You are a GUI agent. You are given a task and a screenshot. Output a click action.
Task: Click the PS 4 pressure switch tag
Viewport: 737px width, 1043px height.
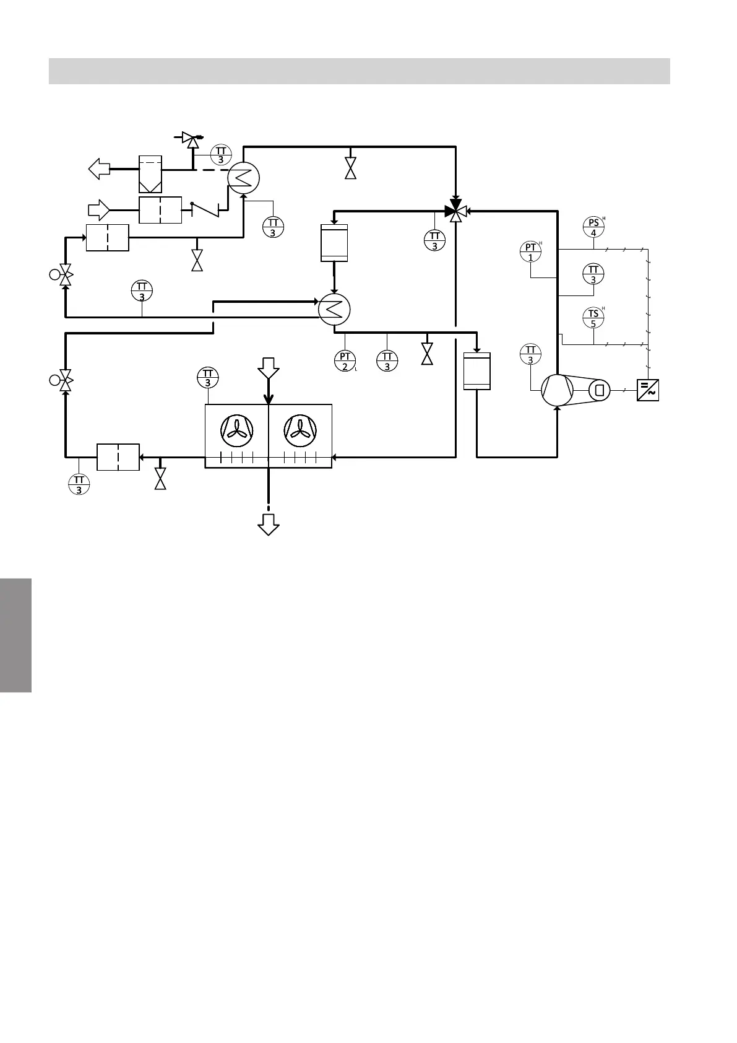click(593, 227)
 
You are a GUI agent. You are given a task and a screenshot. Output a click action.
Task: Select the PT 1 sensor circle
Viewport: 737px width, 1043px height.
click(530, 252)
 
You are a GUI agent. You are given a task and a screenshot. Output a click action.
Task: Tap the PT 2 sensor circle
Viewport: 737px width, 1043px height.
click(345, 360)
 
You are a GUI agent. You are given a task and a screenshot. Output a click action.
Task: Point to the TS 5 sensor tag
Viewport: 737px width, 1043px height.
click(593, 318)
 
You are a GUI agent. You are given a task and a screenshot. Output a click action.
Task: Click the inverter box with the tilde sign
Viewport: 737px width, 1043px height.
click(648, 390)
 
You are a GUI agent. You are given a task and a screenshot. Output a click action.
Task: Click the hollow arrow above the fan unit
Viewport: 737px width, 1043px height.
click(269, 368)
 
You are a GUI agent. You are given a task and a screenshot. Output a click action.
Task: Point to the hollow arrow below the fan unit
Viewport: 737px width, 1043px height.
click(269, 524)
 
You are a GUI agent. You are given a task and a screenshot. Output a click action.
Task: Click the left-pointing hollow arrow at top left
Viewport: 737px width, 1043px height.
click(99, 168)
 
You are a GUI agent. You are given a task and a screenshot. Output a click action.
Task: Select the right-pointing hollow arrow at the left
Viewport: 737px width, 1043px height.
click(100, 211)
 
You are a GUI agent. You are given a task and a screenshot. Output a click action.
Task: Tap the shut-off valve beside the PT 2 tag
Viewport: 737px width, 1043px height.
click(426, 354)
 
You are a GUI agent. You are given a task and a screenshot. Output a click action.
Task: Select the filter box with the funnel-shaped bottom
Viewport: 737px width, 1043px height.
click(150, 174)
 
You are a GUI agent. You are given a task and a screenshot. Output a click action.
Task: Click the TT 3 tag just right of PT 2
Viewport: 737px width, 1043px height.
click(387, 360)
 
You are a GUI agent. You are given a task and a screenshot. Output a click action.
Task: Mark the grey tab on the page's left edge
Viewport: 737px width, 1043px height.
click(15, 635)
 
